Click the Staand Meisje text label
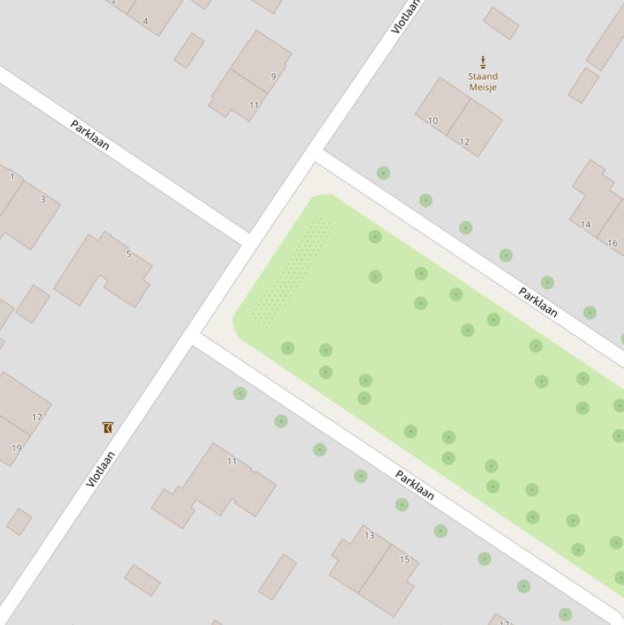(483, 82)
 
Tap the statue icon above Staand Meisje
(483, 62)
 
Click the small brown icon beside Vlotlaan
(107, 427)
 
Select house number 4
(145, 21)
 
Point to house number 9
(273, 77)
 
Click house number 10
(432, 121)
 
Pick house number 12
(464, 142)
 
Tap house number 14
(586, 225)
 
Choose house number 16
(612, 243)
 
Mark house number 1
(12, 177)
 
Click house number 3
(43, 200)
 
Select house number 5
(128, 254)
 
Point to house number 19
(17, 448)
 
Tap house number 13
(369, 536)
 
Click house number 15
(404, 559)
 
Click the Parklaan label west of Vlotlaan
(90, 135)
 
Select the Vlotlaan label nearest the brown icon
(101, 469)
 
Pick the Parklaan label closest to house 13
(415, 485)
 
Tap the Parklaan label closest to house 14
(538, 302)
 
